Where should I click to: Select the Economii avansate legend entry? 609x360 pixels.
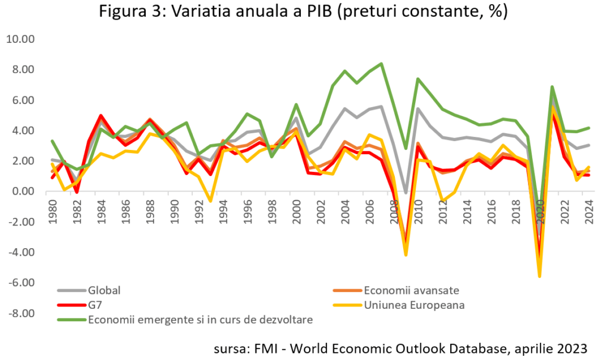405,291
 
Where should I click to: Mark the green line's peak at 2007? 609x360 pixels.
381,64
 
